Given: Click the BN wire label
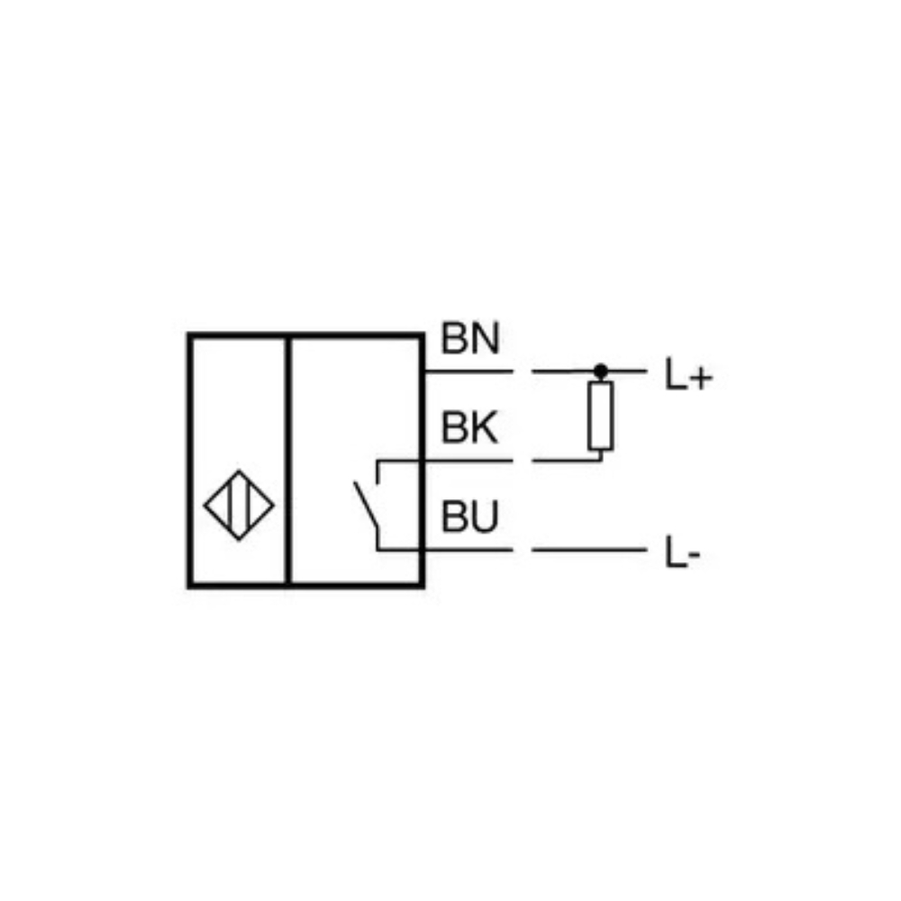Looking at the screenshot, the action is coord(470,338).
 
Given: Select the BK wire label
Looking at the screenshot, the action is coord(469,427).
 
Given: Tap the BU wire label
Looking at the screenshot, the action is coord(469,516).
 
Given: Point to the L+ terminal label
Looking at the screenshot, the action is coord(688,375).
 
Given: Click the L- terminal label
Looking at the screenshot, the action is coord(682,552).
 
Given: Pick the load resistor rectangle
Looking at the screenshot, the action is coord(600,415).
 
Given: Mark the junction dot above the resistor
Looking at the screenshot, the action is coord(601,371).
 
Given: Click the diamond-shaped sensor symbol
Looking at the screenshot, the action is coord(239,505).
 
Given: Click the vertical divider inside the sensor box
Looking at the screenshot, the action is coord(288,460).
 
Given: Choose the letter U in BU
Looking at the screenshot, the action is coord(485,516).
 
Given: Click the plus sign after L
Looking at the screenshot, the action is coord(701,378).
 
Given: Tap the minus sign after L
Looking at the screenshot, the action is coord(694,554).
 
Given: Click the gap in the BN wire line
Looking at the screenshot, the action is coord(523,372).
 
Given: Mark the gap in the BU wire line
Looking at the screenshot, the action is coord(523,550).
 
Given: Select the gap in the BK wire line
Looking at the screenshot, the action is coord(523,460).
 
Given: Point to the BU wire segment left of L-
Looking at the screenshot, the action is coord(589,550).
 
